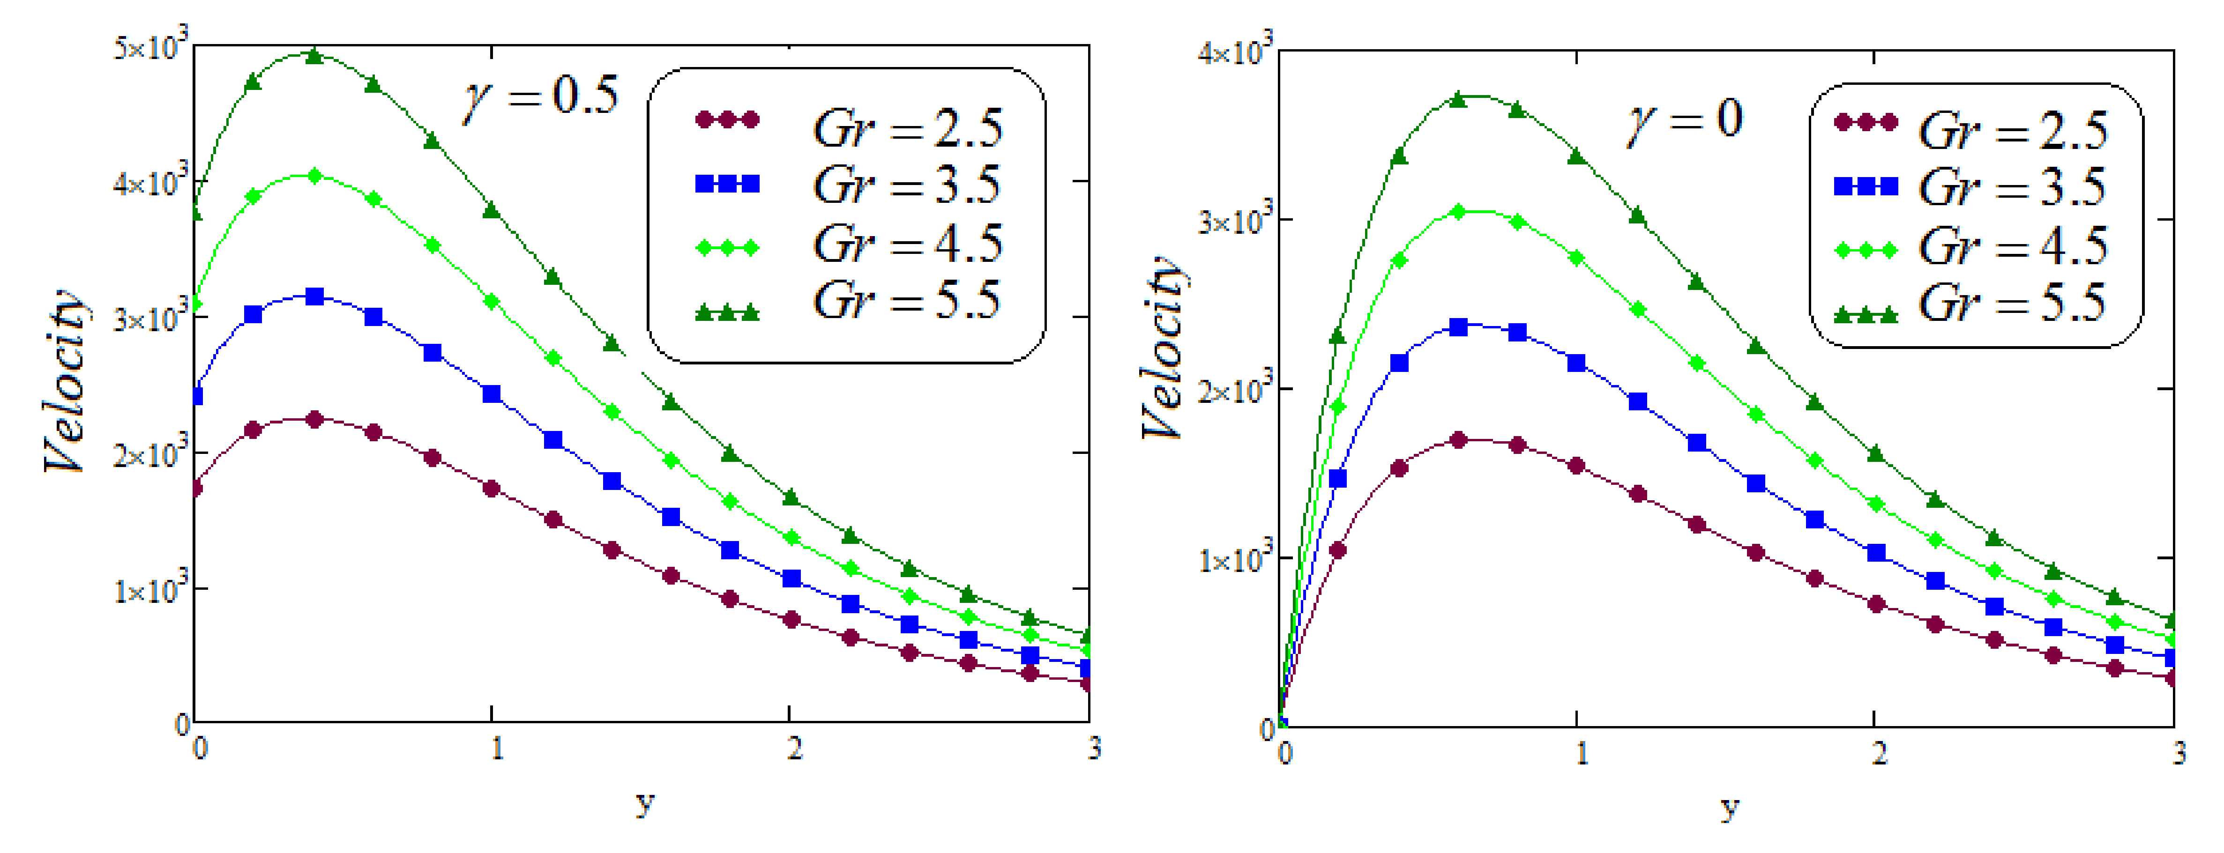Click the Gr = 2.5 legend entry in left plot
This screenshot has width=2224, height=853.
pyautogui.click(x=907, y=128)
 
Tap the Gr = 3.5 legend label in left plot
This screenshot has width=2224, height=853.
pyautogui.click(x=907, y=185)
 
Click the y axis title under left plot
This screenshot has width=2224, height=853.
pyautogui.click(x=644, y=803)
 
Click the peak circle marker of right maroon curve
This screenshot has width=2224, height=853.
pyautogui.click(x=1459, y=440)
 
